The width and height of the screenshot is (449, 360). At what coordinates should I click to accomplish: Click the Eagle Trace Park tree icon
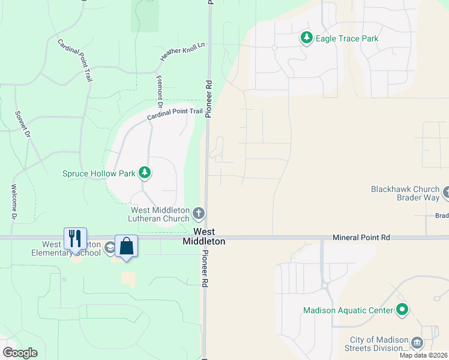307,38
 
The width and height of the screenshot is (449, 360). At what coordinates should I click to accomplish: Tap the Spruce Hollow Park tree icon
144,173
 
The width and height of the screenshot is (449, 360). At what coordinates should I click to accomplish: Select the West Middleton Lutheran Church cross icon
199,213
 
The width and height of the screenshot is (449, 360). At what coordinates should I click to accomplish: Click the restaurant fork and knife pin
75,239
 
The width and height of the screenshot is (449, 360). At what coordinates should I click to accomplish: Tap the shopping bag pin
126,246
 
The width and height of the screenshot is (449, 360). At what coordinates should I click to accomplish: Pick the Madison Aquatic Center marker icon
402,310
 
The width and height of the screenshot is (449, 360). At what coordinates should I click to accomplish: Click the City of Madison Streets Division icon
417,343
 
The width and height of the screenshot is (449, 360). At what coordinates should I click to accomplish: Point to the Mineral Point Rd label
361,238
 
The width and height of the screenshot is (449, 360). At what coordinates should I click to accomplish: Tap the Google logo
20,353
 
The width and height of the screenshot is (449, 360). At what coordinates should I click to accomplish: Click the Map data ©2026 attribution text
423,355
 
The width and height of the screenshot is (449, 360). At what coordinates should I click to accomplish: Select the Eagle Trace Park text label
348,38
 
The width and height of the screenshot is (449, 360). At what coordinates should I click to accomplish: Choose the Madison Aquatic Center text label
348,310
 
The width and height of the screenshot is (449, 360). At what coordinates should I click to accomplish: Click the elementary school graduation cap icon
109,247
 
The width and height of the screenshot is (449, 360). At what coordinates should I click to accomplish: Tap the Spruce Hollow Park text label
99,173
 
